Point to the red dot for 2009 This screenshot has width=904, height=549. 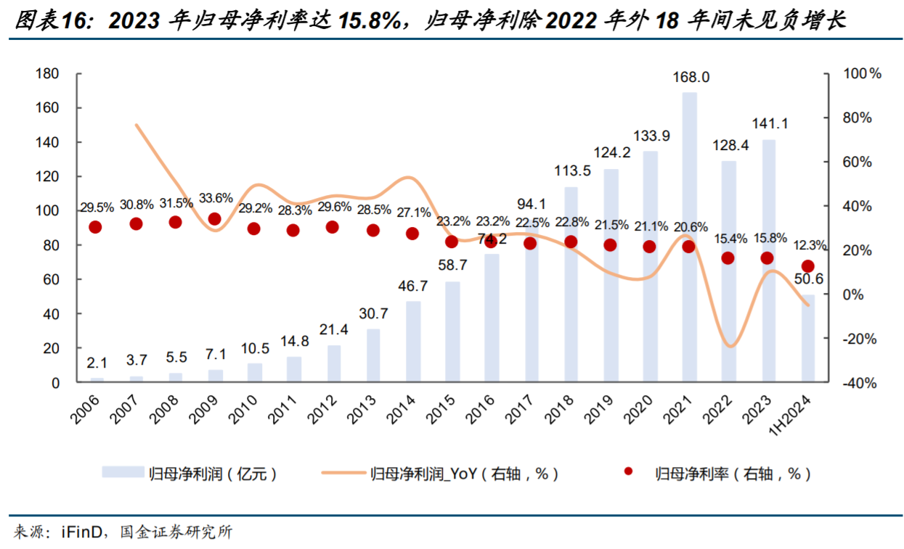(214, 219)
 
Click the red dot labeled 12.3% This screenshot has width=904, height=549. (807, 266)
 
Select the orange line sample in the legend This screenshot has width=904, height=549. (339, 474)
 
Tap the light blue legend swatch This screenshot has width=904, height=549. (123, 474)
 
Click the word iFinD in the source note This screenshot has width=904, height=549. (76, 532)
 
